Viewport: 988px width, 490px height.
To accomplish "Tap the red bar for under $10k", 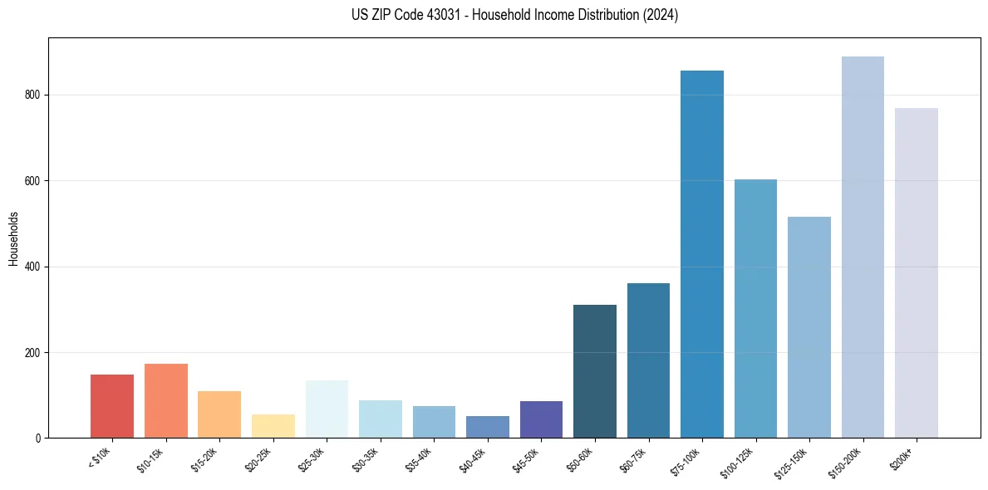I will (x=112, y=406).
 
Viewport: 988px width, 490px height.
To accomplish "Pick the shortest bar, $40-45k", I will (x=488, y=427).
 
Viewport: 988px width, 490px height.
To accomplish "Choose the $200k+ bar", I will (x=917, y=273).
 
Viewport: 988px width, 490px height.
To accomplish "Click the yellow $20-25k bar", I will (x=273, y=426).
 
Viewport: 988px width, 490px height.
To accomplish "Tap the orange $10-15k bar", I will (x=166, y=401).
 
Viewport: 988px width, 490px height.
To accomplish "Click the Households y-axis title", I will (x=14, y=238).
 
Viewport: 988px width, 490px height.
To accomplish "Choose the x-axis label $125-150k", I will (x=791, y=462).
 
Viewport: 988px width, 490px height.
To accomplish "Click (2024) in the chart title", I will (x=661, y=15).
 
